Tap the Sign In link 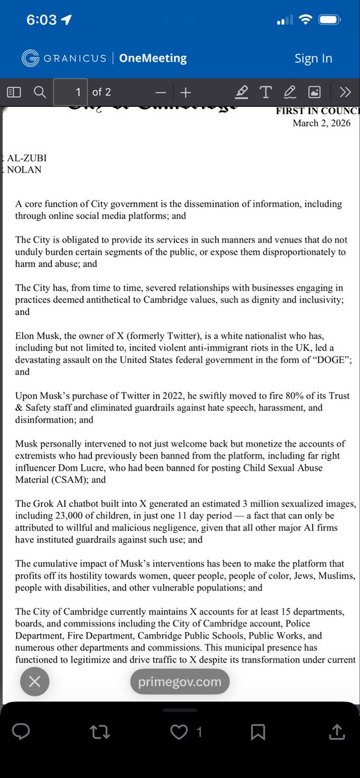tap(313, 58)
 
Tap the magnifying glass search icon tap(40, 92)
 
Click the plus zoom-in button tap(186, 92)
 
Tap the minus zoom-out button tap(161, 92)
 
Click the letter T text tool tap(265, 92)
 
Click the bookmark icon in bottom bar tap(258, 732)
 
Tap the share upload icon tap(337, 732)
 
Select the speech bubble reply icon tap(21, 732)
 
